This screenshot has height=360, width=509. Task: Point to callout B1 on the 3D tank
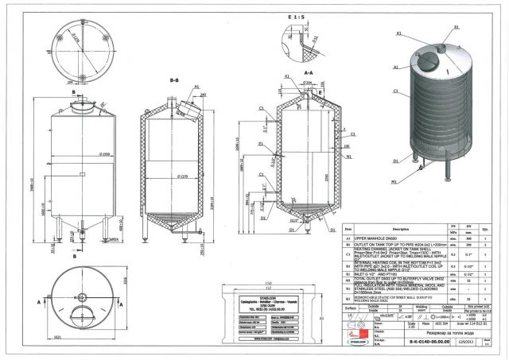click(457, 27)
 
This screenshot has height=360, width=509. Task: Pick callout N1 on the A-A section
click(350, 158)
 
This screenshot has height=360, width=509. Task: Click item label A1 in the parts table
click(348, 238)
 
